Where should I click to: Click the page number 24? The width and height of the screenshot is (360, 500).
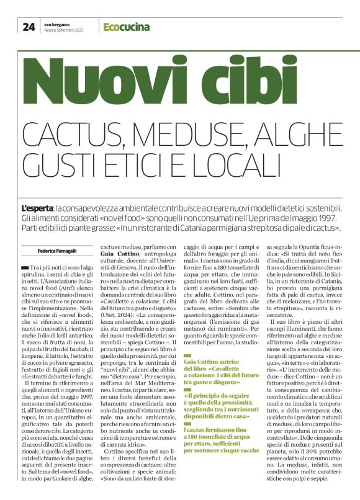click(x=29, y=26)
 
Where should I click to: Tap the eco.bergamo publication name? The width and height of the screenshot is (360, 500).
click(x=59, y=23)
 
